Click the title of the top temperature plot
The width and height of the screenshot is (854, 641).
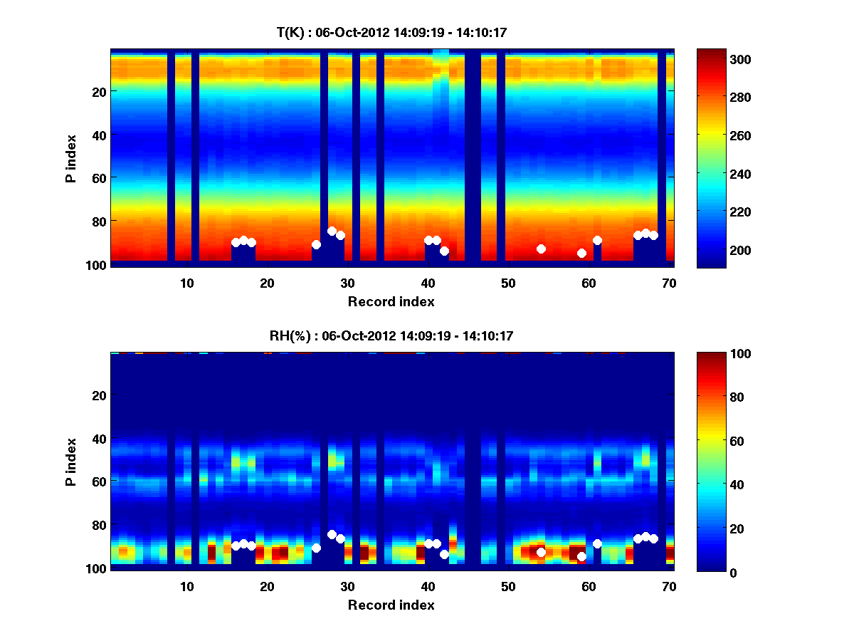click(x=391, y=32)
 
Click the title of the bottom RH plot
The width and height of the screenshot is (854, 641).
click(x=391, y=335)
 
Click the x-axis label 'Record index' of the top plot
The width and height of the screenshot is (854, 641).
click(x=391, y=301)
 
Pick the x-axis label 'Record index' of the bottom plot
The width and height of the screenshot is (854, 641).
click(x=391, y=605)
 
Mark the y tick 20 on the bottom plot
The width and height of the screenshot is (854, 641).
click(x=98, y=395)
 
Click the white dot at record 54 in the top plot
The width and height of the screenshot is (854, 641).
click(x=541, y=249)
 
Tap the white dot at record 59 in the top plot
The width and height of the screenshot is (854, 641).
click(x=581, y=253)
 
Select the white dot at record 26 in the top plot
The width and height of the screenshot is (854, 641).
click(x=316, y=244)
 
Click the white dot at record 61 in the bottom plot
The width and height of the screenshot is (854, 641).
click(x=597, y=543)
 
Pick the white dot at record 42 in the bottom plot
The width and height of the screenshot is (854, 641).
click(x=444, y=554)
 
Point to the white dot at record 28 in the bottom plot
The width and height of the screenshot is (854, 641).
click(x=332, y=534)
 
